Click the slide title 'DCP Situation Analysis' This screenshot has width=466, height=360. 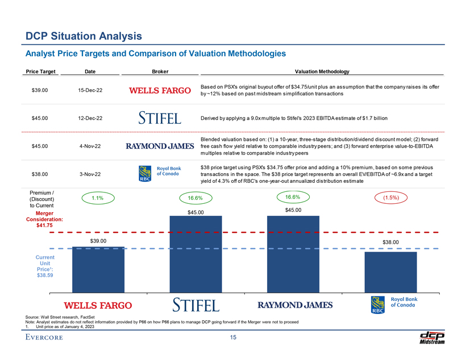84,36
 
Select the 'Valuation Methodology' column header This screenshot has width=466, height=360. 322,71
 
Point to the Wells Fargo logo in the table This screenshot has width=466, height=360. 160,90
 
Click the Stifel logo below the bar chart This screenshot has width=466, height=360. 195,305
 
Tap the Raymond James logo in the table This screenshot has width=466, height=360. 160,146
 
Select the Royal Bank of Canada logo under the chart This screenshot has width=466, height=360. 393,304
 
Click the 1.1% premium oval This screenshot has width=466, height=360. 97,198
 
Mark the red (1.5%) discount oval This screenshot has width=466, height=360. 390,198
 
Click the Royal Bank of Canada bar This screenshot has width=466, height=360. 390,272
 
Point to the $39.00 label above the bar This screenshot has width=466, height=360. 98,241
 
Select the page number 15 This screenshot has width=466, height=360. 233,339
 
